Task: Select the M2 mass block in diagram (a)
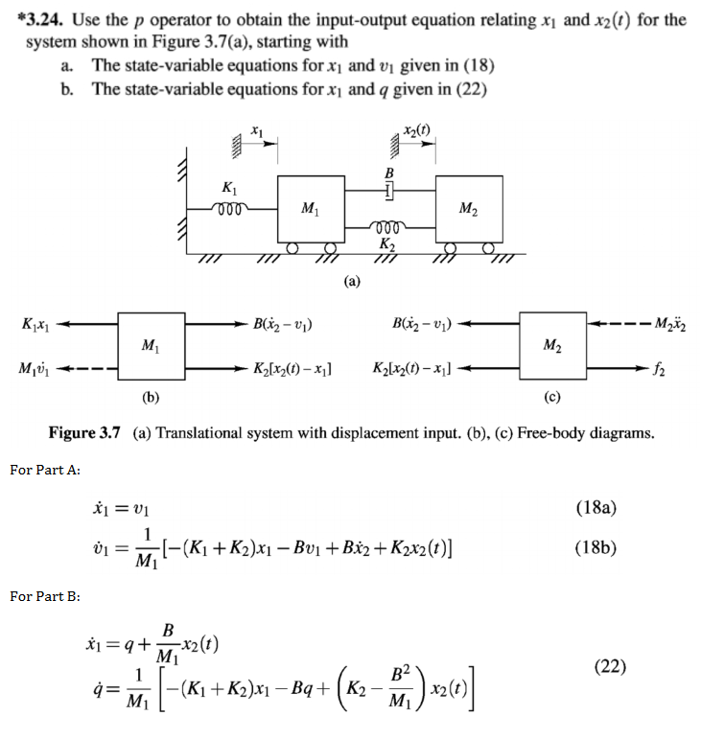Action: click(467, 206)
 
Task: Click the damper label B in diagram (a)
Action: click(389, 173)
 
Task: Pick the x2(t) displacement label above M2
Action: click(417, 130)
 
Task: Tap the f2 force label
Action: click(662, 369)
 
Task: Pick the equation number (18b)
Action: click(596, 548)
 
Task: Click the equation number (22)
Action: click(605, 664)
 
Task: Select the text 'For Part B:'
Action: click(44, 596)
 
